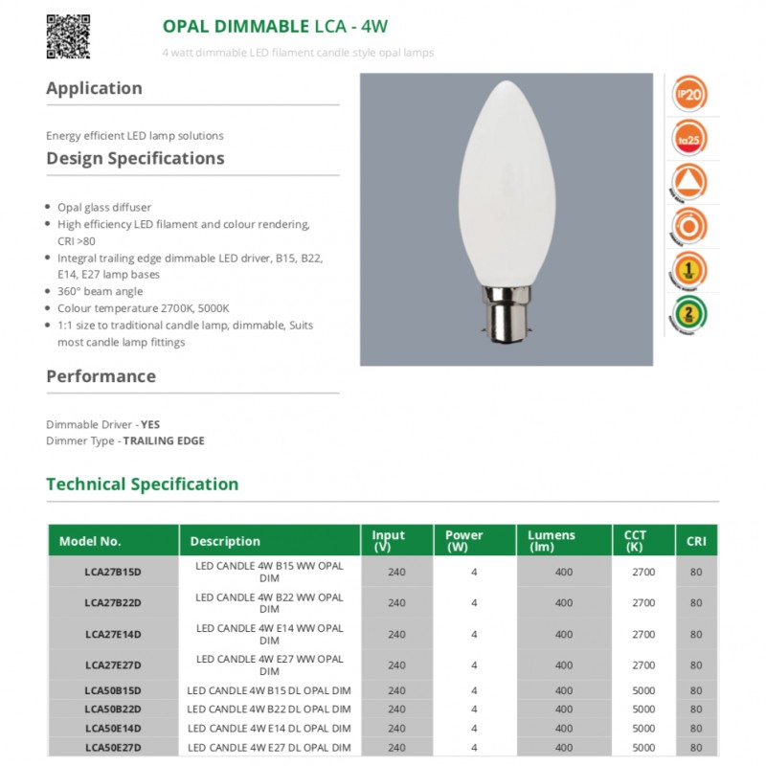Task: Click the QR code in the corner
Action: [x=68, y=36]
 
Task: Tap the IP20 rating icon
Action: [x=691, y=95]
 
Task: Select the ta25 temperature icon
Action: [x=691, y=138]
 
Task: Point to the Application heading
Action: [x=94, y=88]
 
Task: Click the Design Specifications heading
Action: [x=135, y=158]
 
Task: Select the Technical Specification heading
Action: [x=142, y=484]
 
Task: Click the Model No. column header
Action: [x=90, y=541]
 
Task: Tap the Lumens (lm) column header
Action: [x=552, y=541]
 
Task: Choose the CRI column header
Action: [x=696, y=541]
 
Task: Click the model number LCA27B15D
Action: [x=113, y=572]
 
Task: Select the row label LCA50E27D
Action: [x=113, y=748]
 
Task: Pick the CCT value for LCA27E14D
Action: [x=643, y=634]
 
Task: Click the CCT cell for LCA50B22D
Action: [x=643, y=710]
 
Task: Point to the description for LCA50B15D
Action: [x=269, y=690]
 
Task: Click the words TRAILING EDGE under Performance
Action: [x=164, y=440]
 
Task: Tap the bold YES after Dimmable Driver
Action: [x=150, y=423]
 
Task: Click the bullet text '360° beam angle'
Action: [x=100, y=291]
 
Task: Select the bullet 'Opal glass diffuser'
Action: [x=104, y=207]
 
